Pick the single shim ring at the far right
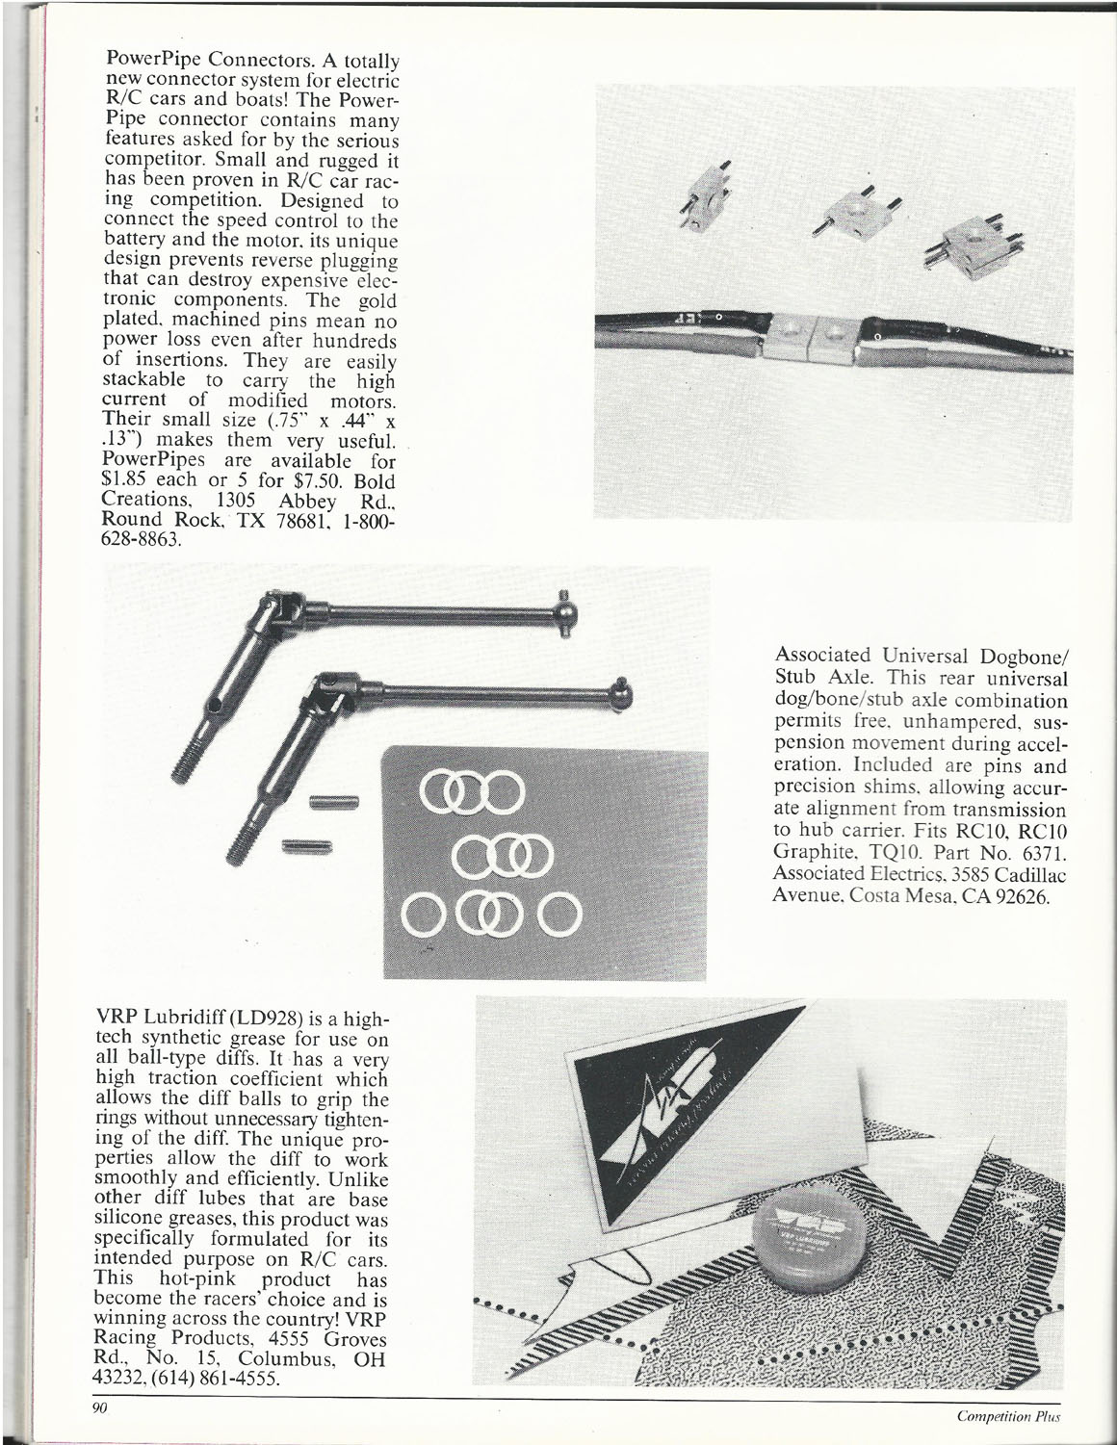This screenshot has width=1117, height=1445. tap(557, 914)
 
